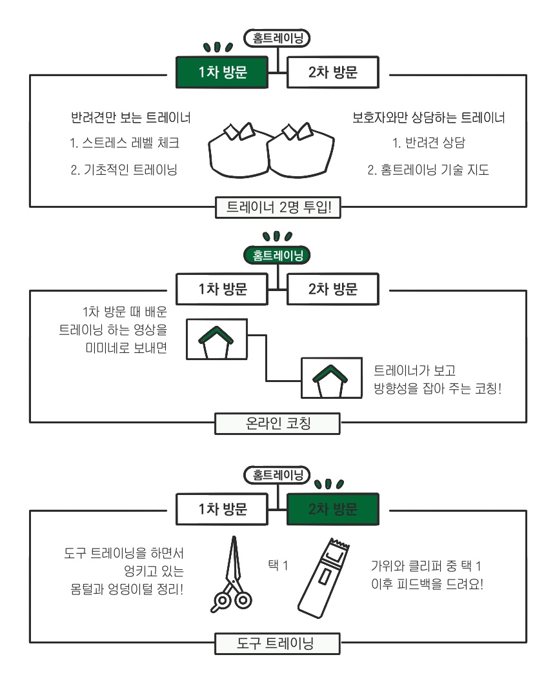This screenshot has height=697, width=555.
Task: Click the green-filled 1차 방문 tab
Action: click(223, 72)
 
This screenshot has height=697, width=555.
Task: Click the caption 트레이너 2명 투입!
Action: click(277, 207)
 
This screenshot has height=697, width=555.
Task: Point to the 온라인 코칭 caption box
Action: click(277, 423)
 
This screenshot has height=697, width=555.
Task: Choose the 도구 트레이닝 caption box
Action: click(277, 643)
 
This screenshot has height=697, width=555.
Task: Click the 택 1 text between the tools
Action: click(277, 565)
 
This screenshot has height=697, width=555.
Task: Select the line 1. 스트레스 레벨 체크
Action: click(125, 143)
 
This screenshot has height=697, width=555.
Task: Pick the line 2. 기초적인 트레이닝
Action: click(124, 170)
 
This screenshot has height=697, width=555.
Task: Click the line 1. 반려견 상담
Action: click(429, 143)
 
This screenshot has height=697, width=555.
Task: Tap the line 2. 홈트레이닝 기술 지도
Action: click(429, 170)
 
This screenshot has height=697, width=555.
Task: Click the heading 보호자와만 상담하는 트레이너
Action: click(429, 118)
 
